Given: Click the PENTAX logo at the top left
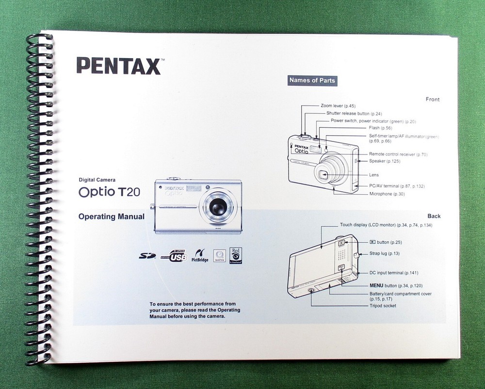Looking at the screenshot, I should [x=119, y=66].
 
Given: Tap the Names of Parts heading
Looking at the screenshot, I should [x=312, y=80].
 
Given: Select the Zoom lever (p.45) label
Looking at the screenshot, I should [x=339, y=106].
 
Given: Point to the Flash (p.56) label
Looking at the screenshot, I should [x=380, y=128].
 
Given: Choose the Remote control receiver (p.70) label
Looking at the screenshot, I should [x=398, y=155].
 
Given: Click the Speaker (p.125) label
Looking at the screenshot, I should [x=385, y=161].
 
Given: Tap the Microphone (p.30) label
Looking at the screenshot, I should [x=387, y=194].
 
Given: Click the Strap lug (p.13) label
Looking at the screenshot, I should [x=385, y=254].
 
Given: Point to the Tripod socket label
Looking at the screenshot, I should [x=383, y=306].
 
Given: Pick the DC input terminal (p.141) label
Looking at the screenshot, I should [x=394, y=273].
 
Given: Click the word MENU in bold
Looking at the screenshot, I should [x=376, y=286].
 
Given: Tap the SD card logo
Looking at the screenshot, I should [x=147, y=256].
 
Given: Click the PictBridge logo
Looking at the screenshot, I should [x=200, y=255].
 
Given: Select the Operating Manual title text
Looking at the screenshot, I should [x=111, y=217].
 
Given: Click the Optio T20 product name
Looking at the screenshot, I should [x=109, y=192].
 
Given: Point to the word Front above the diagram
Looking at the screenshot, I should [x=433, y=99].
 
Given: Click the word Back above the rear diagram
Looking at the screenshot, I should [x=434, y=216].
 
